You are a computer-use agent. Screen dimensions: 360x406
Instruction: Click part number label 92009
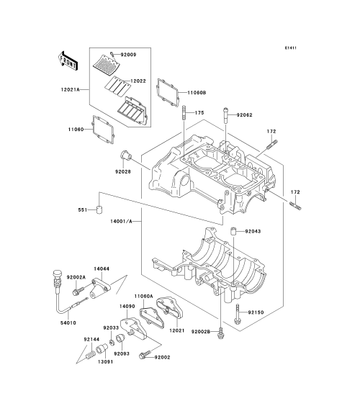(x=128, y=55)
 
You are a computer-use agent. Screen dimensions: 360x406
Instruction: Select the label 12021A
(x=70, y=89)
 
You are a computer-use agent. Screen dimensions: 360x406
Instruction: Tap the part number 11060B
(x=197, y=92)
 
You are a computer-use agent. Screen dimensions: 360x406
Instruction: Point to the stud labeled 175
(x=184, y=113)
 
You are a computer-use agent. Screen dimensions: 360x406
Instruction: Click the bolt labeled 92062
(x=225, y=116)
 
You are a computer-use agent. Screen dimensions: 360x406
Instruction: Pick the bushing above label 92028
(x=126, y=155)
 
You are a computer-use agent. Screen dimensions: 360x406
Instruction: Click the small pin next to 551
(x=99, y=209)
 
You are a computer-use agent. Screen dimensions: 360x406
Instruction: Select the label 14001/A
(x=121, y=222)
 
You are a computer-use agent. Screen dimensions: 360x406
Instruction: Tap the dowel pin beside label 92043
(x=234, y=231)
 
